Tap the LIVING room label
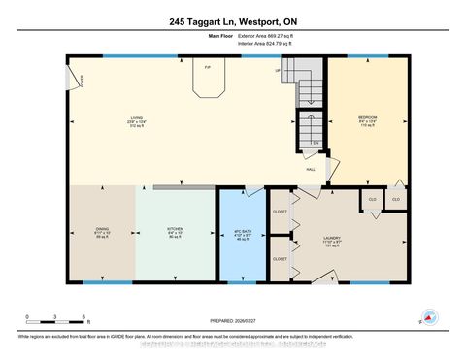[137, 120]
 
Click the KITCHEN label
[175, 231]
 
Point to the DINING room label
[102, 231]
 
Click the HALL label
[311, 170]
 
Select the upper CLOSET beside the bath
[280, 209]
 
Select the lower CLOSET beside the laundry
[280, 259]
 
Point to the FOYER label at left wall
[69, 80]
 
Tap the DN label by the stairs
[316, 144]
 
